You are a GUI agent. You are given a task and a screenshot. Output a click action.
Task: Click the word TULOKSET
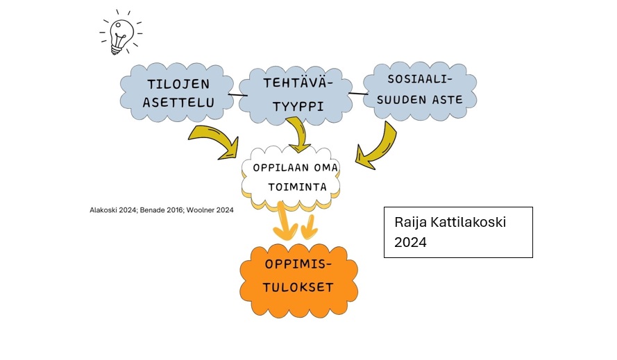click(x=298, y=286)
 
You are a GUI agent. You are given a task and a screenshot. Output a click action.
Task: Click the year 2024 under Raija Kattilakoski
click(x=410, y=242)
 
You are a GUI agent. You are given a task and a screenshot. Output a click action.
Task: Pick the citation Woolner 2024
click(x=210, y=209)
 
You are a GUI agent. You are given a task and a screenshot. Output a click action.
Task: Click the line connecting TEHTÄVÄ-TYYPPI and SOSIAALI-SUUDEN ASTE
click(x=358, y=92)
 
